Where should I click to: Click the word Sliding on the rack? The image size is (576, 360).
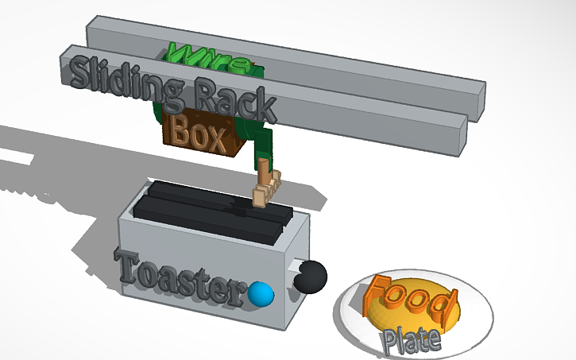click(x=119, y=76)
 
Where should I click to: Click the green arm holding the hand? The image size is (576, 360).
click(x=261, y=147)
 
